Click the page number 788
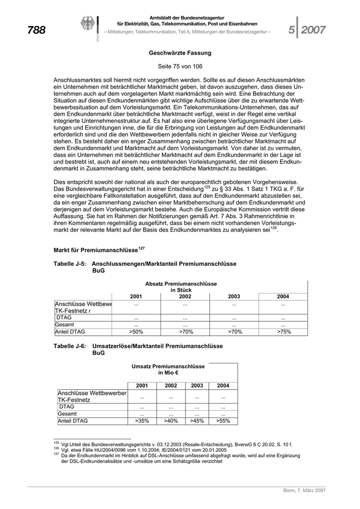(x=36, y=30)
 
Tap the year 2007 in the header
(x=313, y=30)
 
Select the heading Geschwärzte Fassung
(x=180, y=53)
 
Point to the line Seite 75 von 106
(x=180, y=67)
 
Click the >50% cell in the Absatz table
(x=136, y=332)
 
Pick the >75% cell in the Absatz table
(x=283, y=332)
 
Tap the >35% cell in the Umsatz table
(x=142, y=421)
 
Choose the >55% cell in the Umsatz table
(x=223, y=421)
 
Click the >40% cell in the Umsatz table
(x=171, y=421)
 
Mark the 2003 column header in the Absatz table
(x=234, y=297)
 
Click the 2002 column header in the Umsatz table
(x=171, y=386)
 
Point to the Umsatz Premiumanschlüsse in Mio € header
(x=168, y=370)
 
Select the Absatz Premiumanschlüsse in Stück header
(x=181, y=287)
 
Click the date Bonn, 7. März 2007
(x=304, y=491)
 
